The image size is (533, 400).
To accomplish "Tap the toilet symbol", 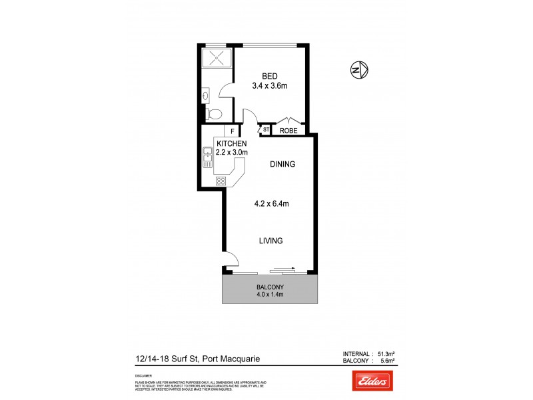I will (x=213, y=115).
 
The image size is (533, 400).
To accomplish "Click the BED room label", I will (x=269, y=76).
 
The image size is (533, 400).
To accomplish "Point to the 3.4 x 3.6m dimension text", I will (x=269, y=86).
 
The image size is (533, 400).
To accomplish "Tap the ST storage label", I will (x=265, y=129).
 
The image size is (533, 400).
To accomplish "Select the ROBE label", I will (x=288, y=131).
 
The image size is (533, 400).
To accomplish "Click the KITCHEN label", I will (x=231, y=143).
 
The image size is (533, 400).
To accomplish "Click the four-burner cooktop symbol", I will (x=221, y=180).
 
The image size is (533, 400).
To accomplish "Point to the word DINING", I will (x=282, y=164).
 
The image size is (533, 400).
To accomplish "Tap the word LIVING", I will (x=271, y=241).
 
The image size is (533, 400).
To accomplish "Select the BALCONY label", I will (x=270, y=288).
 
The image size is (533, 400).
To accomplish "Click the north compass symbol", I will (x=358, y=69).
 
